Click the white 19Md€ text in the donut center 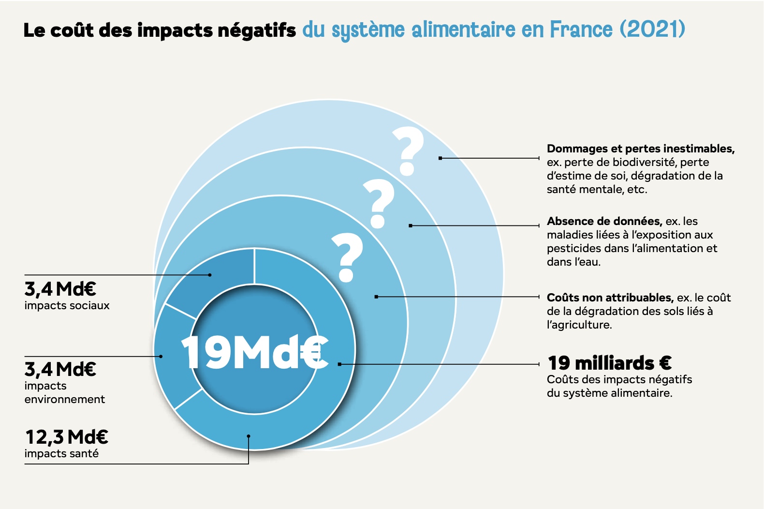point(254,352)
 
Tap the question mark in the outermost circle point(408,150)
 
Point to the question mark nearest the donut point(347,257)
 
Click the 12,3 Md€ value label point(66,437)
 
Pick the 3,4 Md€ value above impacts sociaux point(60,289)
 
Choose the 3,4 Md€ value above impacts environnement point(60,369)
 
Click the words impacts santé point(61,453)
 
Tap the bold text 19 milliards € point(609,362)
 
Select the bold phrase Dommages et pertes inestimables point(640,149)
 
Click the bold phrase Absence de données point(604,221)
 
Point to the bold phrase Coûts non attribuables point(610,297)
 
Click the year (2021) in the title point(652,29)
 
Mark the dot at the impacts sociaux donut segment point(210,275)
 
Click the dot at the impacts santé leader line point(249,436)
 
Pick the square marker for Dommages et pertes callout point(440,158)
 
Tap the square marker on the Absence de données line point(410,225)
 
